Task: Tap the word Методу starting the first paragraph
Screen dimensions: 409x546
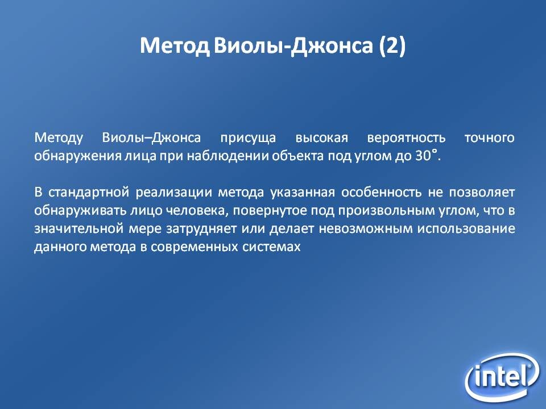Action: pyautogui.click(x=59, y=138)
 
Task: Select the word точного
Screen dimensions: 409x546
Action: pyautogui.click(x=490, y=138)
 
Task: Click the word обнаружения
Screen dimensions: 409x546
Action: pyautogui.click(x=77, y=156)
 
